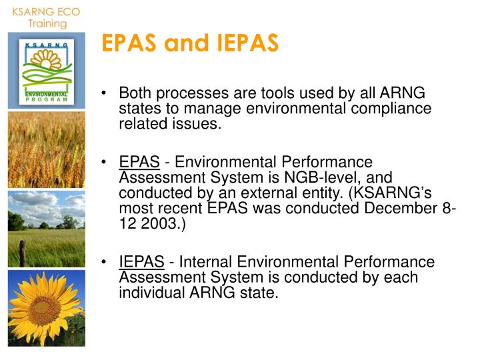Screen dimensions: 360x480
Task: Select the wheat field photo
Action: click(47, 150)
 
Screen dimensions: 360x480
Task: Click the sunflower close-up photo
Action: click(47, 308)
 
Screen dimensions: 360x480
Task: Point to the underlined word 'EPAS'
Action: click(139, 162)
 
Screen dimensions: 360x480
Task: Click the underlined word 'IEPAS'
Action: click(142, 262)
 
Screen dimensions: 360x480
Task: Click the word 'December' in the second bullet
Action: click(398, 208)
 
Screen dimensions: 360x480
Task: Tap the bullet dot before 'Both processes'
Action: click(105, 95)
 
